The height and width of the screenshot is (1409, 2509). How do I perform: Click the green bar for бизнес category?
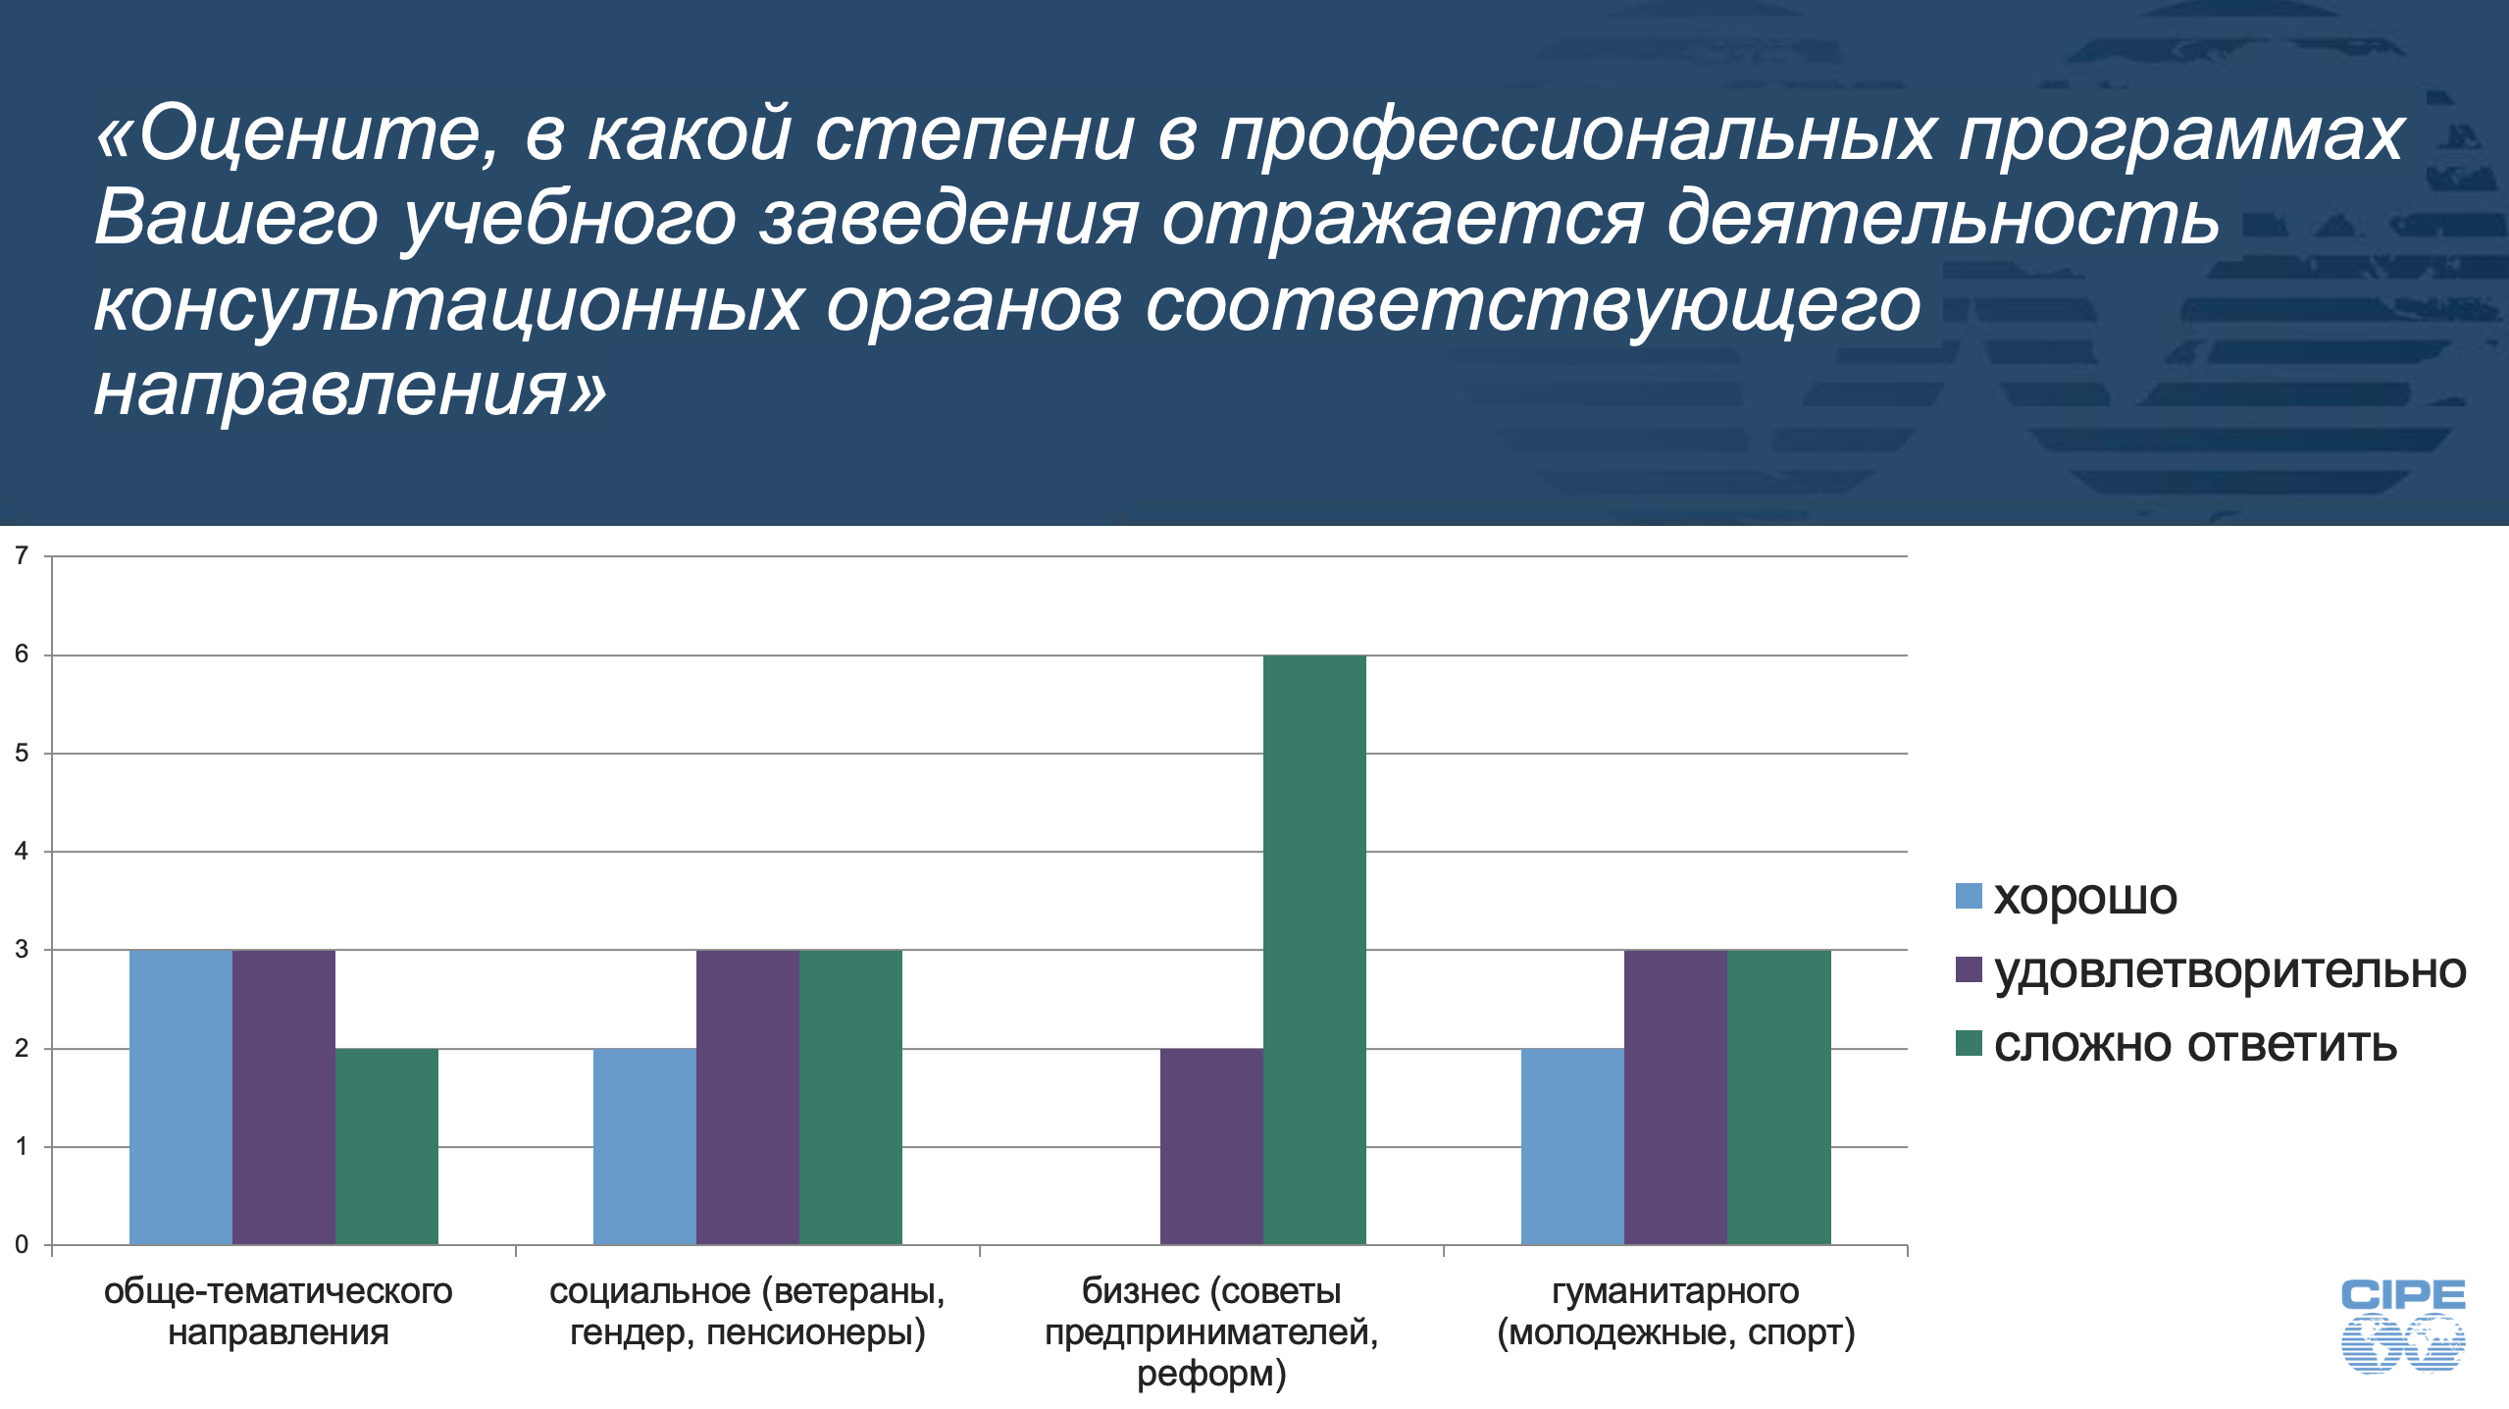click(1314, 950)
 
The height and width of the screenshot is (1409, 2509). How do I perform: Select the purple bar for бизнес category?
click(1211, 1147)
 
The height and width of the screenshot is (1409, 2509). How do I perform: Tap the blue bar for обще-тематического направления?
click(180, 1097)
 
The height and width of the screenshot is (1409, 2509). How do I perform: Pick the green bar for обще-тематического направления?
click(386, 1147)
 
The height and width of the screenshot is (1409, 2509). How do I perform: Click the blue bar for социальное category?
click(644, 1147)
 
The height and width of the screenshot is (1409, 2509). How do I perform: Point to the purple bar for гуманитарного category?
click(1675, 1097)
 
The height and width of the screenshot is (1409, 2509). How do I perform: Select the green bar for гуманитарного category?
click(1779, 1097)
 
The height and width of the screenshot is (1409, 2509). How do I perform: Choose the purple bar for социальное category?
click(747, 1097)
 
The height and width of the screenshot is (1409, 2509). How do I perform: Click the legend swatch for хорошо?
click(1969, 896)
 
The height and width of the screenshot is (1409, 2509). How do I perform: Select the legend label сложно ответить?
click(2196, 1044)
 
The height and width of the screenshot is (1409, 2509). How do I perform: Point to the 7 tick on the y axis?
click(22, 556)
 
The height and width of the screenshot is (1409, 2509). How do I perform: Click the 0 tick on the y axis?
click(22, 1245)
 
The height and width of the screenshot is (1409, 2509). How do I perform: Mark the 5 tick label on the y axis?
click(22, 754)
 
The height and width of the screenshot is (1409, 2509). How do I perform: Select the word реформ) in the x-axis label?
click(1211, 1375)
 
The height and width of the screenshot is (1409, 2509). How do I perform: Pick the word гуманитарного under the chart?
click(1675, 1292)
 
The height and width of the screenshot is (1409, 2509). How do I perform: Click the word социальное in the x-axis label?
click(649, 1291)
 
